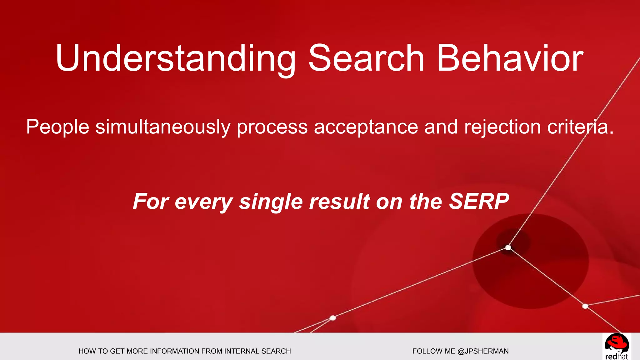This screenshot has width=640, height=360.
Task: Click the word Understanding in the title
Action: tap(176, 59)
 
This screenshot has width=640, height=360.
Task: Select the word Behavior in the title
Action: tap(510, 59)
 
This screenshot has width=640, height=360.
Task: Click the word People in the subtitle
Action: tap(57, 127)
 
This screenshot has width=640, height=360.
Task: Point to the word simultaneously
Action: tap(163, 127)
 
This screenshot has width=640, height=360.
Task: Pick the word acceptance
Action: tap(366, 127)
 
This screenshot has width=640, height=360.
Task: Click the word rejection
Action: tap(502, 127)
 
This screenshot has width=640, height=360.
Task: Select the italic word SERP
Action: tap(479, 201)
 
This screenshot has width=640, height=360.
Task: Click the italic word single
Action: tap(271, 201)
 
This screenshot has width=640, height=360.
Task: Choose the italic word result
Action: tap(340, 201)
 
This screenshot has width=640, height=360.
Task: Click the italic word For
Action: tap(151, 201)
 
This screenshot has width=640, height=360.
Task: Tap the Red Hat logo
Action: tap(617, 347)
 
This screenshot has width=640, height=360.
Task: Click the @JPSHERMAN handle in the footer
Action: tap(483, 351)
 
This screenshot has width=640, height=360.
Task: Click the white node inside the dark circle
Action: tap(508, 248)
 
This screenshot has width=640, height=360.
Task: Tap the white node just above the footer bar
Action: tap(333, 318)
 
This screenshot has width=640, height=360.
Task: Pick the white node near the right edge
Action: tap(585, 306)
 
